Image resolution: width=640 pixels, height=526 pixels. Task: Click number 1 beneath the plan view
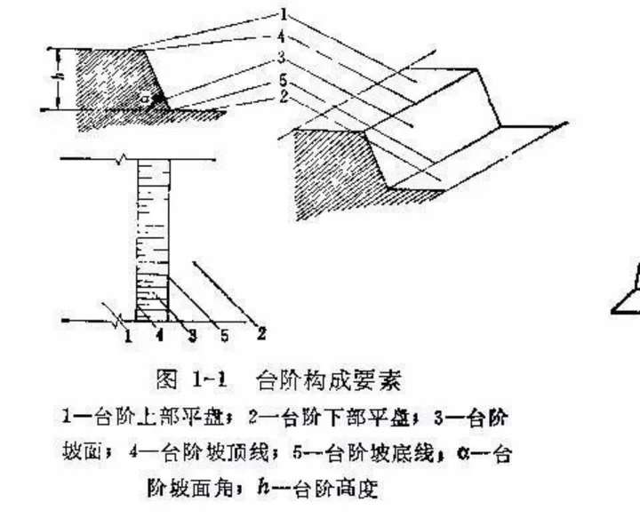coord(127,335)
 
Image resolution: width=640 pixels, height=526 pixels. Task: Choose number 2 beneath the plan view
coord(261,334)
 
